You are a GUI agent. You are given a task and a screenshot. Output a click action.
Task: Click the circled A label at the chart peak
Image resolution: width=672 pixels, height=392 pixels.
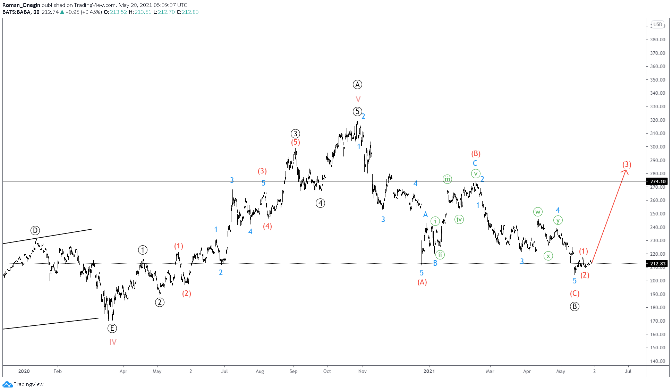[357, 84]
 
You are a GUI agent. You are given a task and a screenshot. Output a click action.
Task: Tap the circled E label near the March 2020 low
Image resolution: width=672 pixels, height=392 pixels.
[112, 328]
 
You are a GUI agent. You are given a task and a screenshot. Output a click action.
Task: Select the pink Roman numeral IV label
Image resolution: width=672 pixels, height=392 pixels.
[113, 342]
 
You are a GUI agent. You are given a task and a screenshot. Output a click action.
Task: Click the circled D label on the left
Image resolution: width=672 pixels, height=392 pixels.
[35, 230]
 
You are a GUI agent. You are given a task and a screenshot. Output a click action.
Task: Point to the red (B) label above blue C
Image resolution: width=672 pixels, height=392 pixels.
[476, 154]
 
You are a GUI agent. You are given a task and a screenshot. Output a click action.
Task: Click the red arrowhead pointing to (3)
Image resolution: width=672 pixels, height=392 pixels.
[626, 171]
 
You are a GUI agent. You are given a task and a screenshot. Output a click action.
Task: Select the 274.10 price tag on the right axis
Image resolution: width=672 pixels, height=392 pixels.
[657, 181]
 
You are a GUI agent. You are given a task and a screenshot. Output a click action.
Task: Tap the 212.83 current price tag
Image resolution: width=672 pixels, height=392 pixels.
[657, 264]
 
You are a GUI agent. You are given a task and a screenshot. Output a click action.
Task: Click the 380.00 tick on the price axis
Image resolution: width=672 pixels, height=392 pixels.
[657, 40]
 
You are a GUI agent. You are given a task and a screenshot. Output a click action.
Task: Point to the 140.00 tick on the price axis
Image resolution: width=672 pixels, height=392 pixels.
[657, 361]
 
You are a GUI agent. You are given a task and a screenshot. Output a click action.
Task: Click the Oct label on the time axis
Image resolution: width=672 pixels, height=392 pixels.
[327, 371]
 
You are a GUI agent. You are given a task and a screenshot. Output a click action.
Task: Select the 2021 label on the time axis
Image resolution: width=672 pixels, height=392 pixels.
[429, 371]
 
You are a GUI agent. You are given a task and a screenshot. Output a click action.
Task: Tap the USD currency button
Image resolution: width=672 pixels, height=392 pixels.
[657, 24]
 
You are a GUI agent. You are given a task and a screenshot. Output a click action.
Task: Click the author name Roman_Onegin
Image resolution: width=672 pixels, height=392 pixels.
[21, 5]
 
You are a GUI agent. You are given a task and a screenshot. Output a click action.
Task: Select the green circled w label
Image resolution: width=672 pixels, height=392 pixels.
[537, 212]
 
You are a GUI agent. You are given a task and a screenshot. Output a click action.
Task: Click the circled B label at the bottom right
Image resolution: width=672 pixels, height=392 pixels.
[575, 306]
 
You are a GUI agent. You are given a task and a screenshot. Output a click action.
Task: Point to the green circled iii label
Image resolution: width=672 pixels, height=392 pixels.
[447, 179]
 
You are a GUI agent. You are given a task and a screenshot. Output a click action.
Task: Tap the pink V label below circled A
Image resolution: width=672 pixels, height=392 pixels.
[358, 99]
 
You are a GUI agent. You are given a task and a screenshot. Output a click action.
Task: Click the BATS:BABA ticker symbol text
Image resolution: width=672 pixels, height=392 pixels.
[16, 12]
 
